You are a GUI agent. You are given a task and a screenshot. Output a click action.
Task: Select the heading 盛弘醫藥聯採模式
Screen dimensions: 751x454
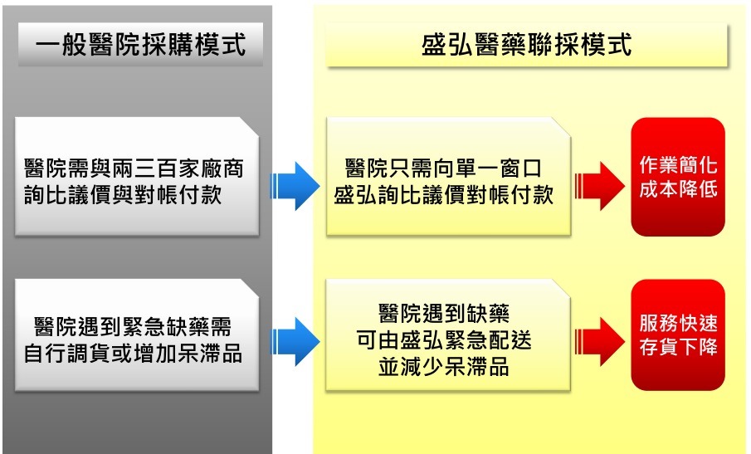coord(527,44)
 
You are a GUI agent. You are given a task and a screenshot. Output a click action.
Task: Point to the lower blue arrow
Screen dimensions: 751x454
coord(295,341)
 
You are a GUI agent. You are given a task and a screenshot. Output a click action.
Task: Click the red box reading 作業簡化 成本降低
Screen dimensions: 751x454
coord(678,177)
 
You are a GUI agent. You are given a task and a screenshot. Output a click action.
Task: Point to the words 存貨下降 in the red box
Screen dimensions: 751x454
coord(678,348)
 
